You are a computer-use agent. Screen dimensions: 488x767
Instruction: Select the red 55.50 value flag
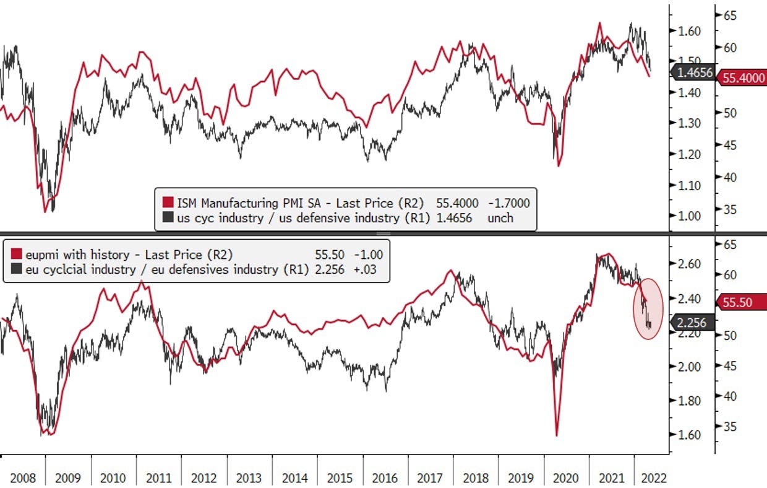click(741, 303)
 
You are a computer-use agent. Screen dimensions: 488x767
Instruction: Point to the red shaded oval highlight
click(648, 307)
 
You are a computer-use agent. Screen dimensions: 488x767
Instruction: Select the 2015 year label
click(340, 477)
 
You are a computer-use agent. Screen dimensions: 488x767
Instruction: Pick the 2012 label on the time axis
click(204, 477)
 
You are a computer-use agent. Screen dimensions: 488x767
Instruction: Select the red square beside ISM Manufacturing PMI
click(168, 203)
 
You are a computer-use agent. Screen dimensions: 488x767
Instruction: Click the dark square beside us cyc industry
click(168, 217)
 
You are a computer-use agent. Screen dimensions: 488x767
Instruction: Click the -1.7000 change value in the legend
click(508, 203)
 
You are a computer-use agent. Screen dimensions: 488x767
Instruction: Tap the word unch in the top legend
click(500, 217)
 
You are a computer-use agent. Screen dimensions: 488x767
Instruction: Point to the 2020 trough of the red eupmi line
click(557, 435)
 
